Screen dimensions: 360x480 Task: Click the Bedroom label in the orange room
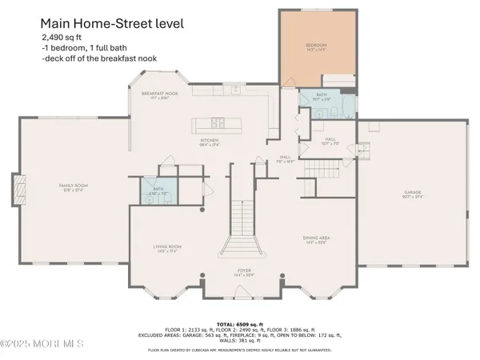coord(318,46)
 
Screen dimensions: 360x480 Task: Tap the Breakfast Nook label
coord(159,94)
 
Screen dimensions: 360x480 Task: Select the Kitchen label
coord(209,142)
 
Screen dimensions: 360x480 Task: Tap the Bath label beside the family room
coord(158,190)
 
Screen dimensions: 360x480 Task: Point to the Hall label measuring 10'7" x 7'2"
coord(330,141)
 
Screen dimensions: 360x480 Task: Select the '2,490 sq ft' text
coord(62,38)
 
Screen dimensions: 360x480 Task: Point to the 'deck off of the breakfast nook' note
coord(95,60)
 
